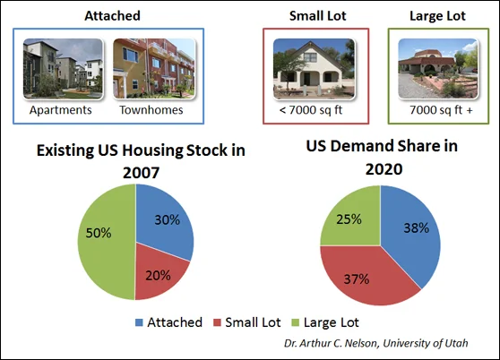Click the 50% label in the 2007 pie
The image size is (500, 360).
tap(99, 233)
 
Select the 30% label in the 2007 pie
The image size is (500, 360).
tap(167, 219)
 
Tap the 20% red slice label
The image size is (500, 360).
tap(159, 275)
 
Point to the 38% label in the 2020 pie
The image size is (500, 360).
tap(416, 227)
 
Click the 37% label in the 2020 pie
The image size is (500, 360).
tap(357, 279)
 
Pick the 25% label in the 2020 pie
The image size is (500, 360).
tap(349, 219)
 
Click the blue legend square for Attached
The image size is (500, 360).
tap(139, 322)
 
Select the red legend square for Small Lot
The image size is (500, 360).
tap(217, 322)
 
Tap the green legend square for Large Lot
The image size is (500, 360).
tap(296, 322)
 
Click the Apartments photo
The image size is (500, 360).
tap(63, 68)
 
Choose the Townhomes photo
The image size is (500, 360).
tap(154, 68)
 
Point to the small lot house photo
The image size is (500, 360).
tap(315, 68)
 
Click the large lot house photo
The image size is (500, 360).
tap(438, 68)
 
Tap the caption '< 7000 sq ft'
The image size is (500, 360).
tap(311, 110)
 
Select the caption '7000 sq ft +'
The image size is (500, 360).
tap(441, 110)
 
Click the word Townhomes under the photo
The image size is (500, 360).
tap(151, 110)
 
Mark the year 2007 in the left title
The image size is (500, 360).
tap(141, 173)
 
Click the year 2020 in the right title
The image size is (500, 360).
tap(384, 169)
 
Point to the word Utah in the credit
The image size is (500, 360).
tap(457, 343)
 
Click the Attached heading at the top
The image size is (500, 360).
tap(112, 15)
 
